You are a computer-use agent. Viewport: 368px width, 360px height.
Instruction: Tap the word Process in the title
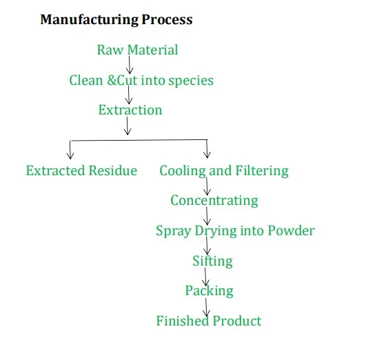point(167,19)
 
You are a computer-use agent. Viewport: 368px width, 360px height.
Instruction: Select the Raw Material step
point(137,50)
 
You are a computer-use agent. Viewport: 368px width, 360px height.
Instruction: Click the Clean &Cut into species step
point(141,80)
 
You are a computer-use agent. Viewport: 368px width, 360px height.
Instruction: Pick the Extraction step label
point(130,110)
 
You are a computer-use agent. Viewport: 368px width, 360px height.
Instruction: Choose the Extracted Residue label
point(81,170)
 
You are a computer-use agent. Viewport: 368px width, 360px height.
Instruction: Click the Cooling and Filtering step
point(224,170)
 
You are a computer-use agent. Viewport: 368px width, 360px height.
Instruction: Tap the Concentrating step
point(214,201)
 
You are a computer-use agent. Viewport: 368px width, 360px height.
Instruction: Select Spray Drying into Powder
point(235,230)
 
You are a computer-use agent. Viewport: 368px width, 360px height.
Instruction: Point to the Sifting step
point(212,261)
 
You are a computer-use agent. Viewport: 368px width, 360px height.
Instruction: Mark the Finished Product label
point(209,321)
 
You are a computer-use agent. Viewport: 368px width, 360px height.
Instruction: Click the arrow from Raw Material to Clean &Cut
point(130,65)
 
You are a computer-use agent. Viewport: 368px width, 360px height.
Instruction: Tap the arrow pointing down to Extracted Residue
point(70,149)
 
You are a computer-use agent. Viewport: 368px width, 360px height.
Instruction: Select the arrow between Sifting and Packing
point(207,276)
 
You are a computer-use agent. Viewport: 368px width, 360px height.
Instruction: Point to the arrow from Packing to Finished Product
point(206,306)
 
